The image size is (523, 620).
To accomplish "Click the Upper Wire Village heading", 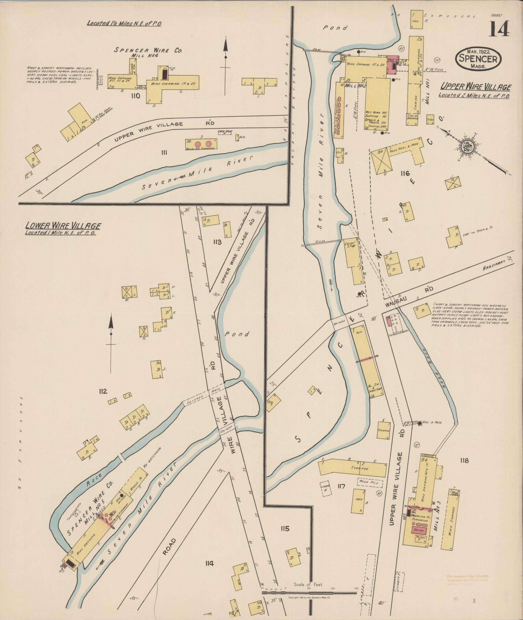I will pos(475,87).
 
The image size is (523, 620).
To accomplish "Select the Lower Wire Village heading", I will pos(63,226).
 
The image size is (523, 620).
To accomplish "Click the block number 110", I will pos(136,96).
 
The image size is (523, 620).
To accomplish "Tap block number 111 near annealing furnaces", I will pos(164,152).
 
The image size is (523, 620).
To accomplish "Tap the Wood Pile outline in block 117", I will pos(370,483).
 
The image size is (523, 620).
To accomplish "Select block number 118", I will pos(464,460).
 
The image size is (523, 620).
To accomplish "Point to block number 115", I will pos(285,529).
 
